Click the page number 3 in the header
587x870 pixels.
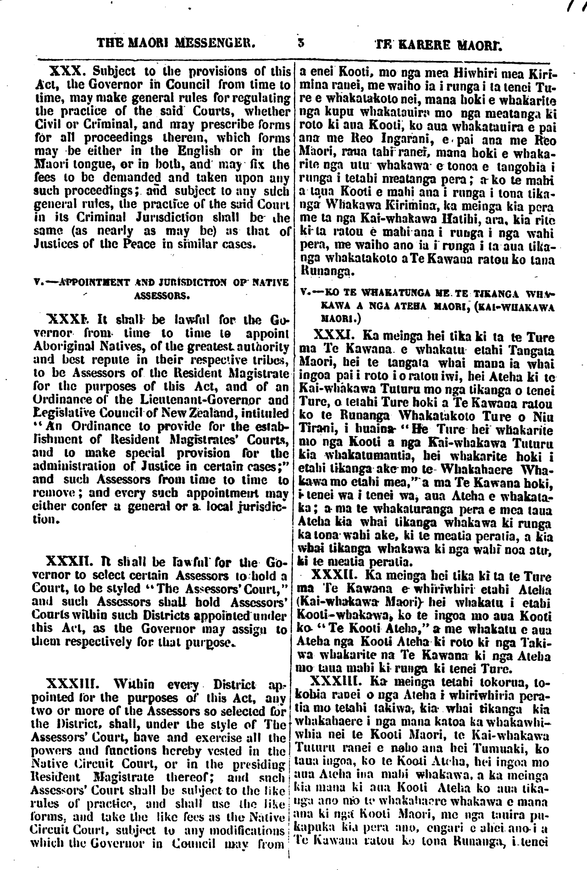[300, 44]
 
